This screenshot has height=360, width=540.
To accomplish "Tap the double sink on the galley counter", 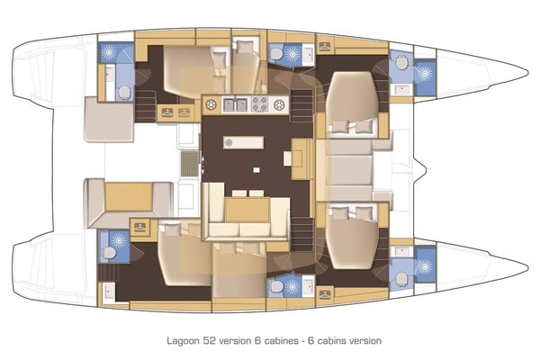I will point(235,105).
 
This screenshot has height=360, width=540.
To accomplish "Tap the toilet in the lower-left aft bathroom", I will point(108,253).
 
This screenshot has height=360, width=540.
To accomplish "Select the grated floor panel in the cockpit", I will point(189,163).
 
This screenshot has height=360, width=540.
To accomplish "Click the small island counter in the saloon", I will point(244,142).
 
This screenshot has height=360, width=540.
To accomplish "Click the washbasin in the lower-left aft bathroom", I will point(108,290).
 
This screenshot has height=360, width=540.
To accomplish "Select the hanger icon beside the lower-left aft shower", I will point(139,228).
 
